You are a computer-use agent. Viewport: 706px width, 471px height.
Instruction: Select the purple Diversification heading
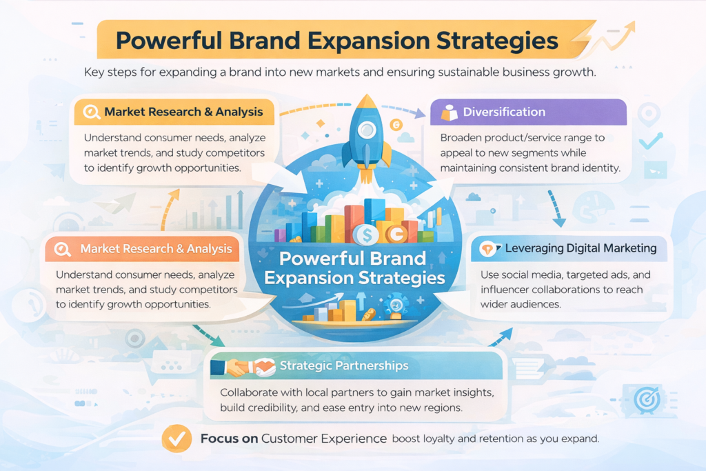coord(504,112)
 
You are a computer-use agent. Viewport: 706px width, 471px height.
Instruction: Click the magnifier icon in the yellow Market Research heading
coord(92,112)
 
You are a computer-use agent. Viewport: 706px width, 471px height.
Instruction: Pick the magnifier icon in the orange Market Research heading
coord(63,249)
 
